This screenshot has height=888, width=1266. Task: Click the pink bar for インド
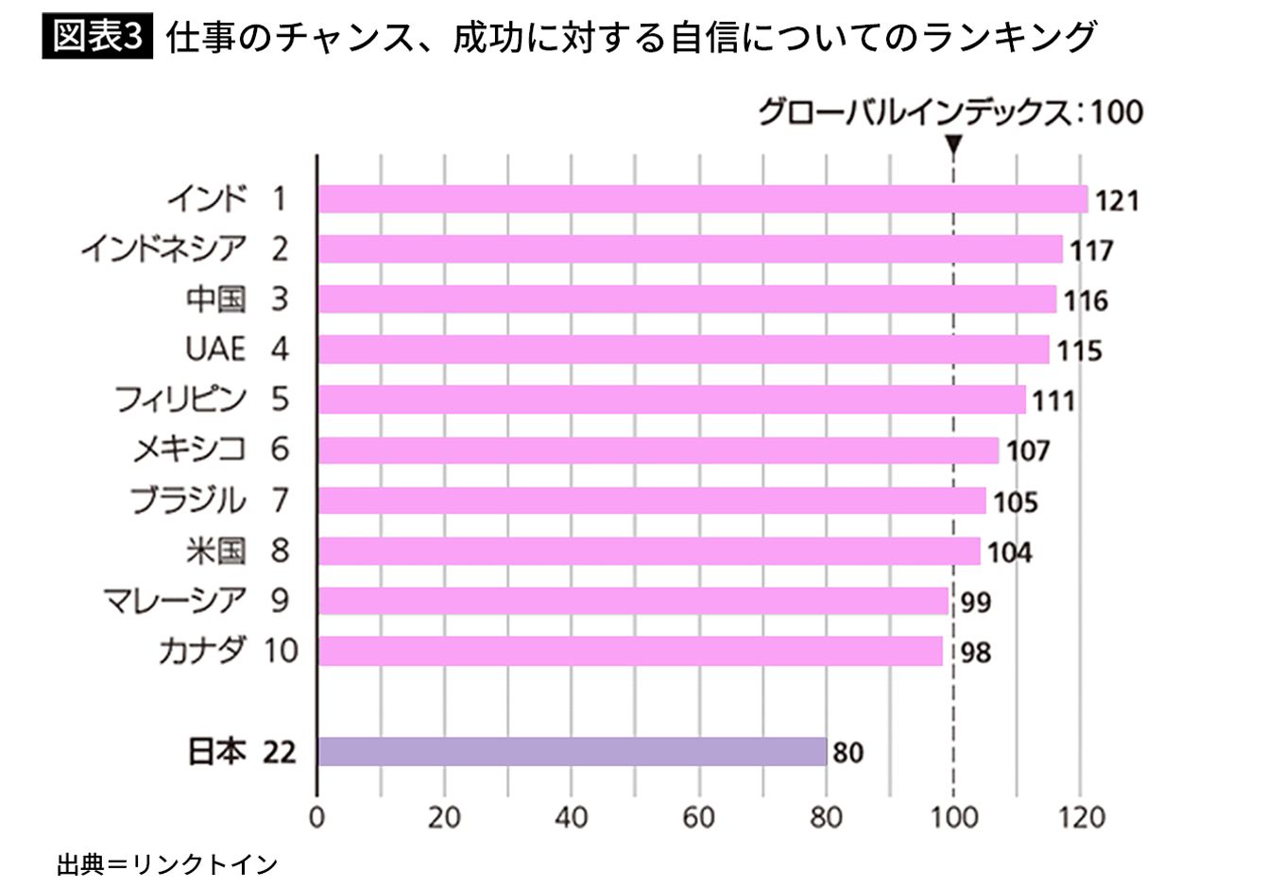[703, 199]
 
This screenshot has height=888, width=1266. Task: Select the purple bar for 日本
[572, 751]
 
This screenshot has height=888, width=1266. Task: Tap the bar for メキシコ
[659, 450]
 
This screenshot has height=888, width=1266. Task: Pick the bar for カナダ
[630, 651]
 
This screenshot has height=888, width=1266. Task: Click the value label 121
[1118, 201]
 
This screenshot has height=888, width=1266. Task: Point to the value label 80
[848, 753]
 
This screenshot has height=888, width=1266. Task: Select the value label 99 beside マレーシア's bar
[976, 603]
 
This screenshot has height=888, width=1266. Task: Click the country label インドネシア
[163, 248]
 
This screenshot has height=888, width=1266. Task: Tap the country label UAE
[215, 349]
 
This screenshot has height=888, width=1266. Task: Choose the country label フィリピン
[180, 399]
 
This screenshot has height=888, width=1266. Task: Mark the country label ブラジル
[188, 500]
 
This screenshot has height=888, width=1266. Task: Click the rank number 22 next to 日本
[280, 752]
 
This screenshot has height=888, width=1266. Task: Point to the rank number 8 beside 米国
[280, 551]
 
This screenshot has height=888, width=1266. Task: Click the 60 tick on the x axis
[698, 818]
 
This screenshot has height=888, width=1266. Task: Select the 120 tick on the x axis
[1081, 818]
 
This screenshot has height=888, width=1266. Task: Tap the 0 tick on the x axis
[317, 818]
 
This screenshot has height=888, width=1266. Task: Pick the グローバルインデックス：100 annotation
[950, 111]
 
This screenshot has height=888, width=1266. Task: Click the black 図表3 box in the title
[97, 36]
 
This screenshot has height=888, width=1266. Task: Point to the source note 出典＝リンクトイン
[167, 864]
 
